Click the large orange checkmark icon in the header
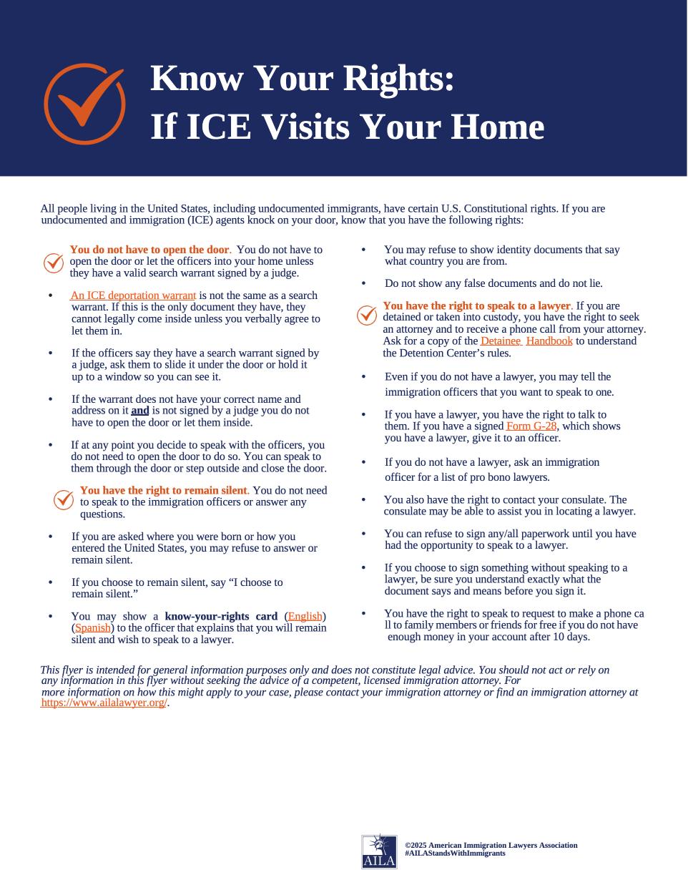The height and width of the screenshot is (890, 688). (84, 104)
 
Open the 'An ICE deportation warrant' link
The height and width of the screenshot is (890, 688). (133, 295)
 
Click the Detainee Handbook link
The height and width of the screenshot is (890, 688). (526, 341)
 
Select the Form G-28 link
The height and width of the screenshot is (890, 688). (531, 426)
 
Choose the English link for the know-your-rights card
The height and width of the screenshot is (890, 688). (305, 617)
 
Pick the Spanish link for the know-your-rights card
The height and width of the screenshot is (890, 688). (93, 628)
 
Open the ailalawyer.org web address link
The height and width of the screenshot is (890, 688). (104, 703)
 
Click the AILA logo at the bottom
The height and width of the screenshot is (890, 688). (379, 851)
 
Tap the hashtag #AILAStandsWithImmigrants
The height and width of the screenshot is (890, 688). (455, 854)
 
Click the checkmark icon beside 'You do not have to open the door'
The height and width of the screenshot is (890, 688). (54, 263)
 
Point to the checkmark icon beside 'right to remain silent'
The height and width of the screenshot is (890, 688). (64, 500)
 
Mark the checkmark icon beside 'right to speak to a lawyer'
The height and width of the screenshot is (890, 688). (366, 315)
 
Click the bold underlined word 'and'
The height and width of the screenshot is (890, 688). (140, 411)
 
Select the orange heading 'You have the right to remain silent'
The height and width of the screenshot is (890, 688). (164, 491)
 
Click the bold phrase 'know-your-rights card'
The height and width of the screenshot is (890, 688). (221, 617)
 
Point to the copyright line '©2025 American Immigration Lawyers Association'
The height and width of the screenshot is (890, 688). (491, 845)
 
